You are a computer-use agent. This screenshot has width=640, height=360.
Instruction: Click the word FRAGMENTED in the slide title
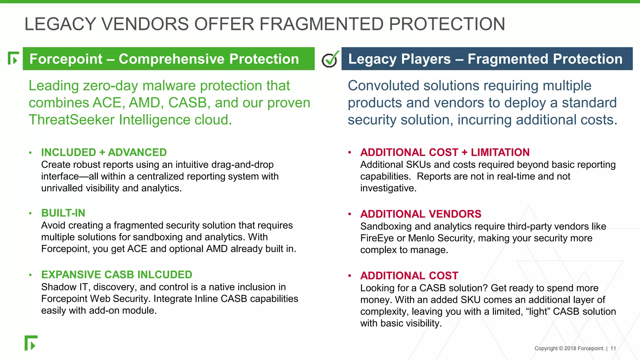[x=321, y=24]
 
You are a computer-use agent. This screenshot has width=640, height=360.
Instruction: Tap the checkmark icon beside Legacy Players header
[x=330, y=59]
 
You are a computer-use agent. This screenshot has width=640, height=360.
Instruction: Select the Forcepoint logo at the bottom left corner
[x=31, y=343]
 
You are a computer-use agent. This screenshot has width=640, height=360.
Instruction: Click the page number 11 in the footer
[x=613, y=348]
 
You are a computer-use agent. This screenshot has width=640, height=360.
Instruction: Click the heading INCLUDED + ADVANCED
[x=104, y=152]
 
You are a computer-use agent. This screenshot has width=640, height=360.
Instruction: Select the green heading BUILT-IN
[x=63, y=213]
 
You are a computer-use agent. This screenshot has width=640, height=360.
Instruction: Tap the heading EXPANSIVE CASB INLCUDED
[x=117, y=275]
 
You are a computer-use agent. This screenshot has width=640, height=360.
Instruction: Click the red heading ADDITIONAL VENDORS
[x=421, y=214]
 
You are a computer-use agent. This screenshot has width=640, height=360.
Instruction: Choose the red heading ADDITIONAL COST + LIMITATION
[x=445, y=152]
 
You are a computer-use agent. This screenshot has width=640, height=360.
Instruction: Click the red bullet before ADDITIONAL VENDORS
[x=350, y=214]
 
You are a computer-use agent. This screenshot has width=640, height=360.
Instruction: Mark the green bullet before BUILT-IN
[x=30, y=213]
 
